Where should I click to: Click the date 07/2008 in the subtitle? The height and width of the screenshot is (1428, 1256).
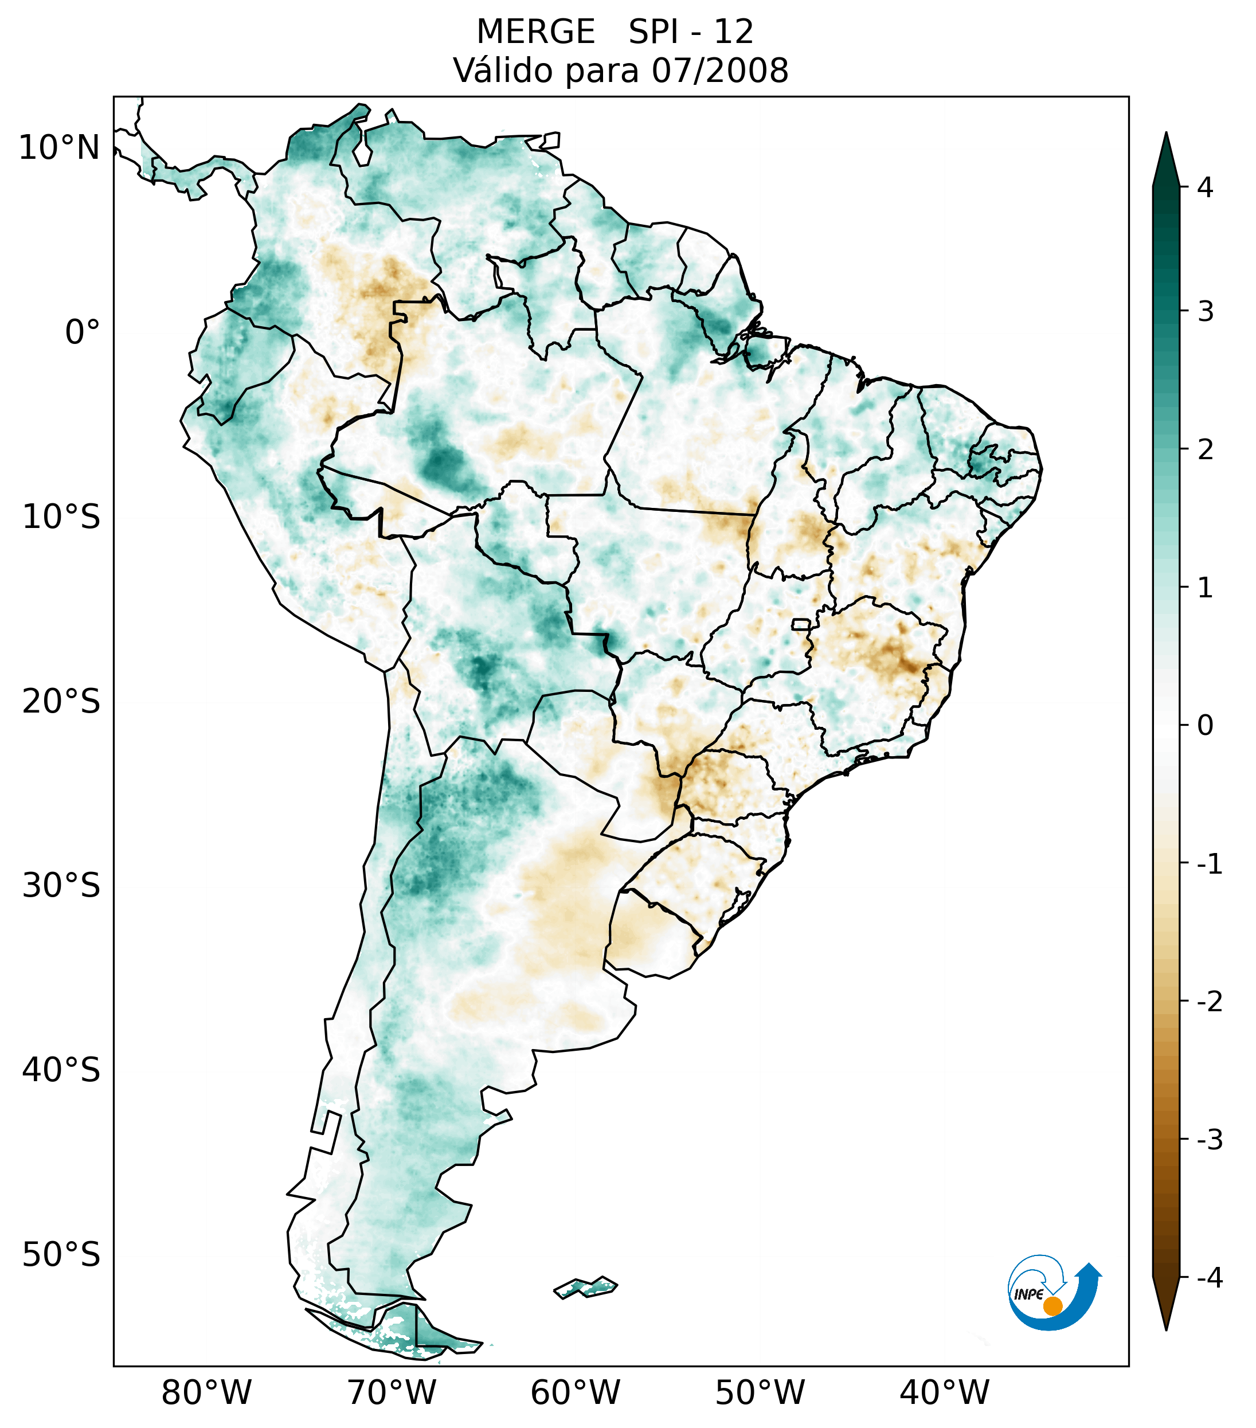(719, 71)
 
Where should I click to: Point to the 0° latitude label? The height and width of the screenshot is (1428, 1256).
(83, 332)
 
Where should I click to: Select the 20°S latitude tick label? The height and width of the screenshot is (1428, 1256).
(61, 702)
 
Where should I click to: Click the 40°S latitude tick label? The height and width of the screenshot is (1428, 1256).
(61, 1070)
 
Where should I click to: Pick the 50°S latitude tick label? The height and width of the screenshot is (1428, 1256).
(61, 1255)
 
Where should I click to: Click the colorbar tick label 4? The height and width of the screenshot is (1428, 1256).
(1205, 187)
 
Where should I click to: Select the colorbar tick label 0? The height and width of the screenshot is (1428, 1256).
(1205, 726)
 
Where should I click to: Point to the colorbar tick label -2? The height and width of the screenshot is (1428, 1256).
(1209, 1002)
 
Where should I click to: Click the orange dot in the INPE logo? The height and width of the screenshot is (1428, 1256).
(1052, 1306)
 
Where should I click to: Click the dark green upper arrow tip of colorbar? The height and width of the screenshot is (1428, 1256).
(1165, 157)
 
